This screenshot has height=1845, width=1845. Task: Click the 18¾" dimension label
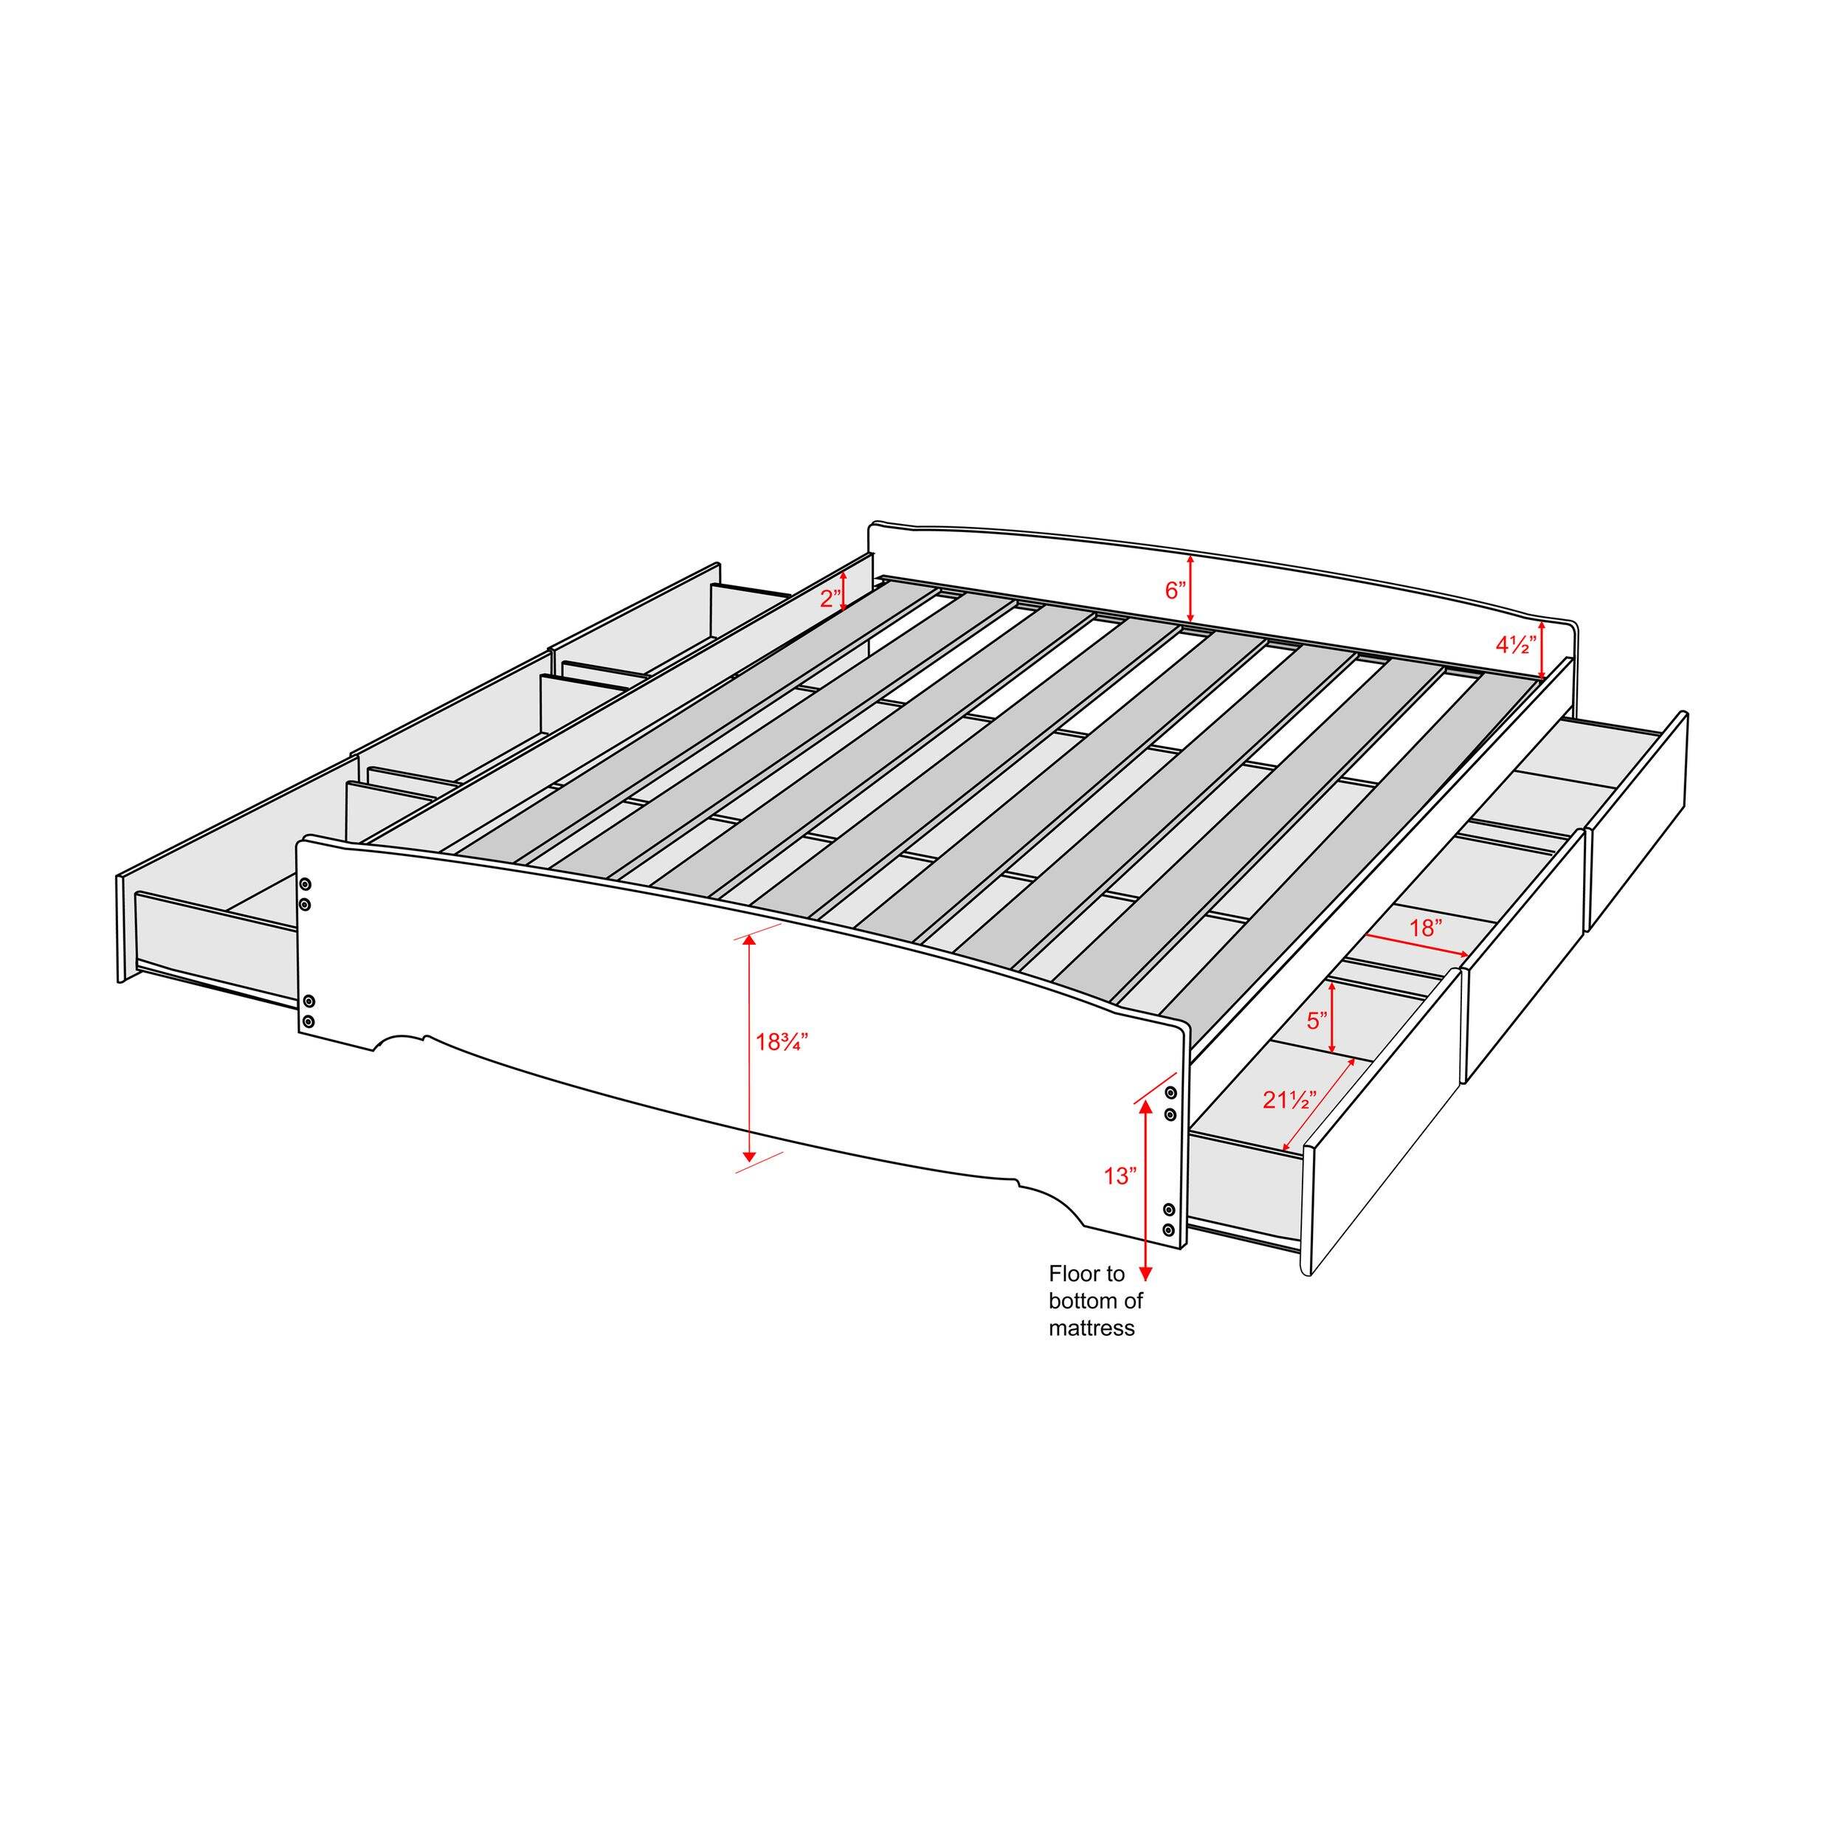coord(782,1042)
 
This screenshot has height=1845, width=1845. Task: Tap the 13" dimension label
coord(1120,1176)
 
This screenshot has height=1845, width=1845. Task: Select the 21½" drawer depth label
coord(1290,1100)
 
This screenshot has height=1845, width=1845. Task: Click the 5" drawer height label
coord(1317,1021)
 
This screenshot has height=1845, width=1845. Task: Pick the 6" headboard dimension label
coord(1176,590)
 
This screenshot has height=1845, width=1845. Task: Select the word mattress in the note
coord(1092,1328)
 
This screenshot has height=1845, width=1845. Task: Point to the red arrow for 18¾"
coord(750,1048)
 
